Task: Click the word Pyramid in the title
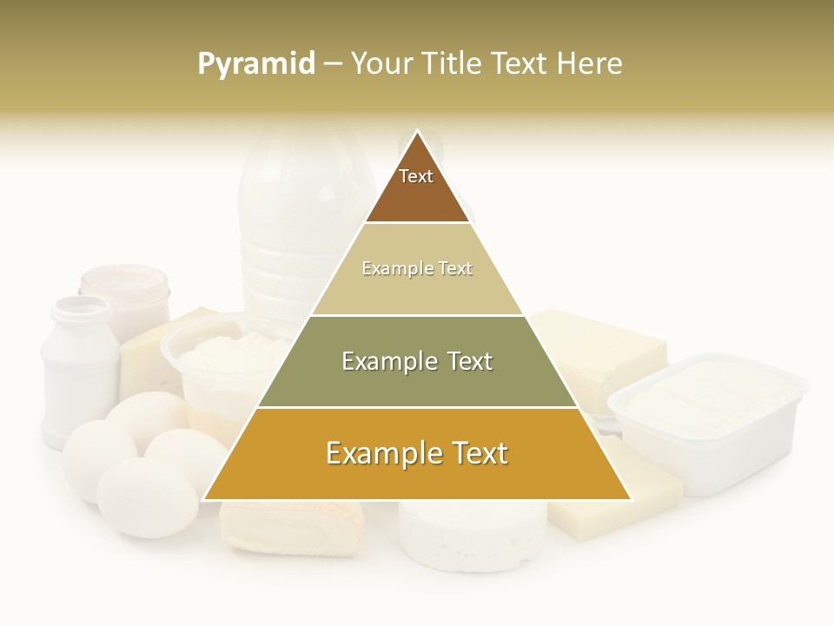click(x=256, y=63)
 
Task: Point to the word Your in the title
click(x=380, y=63)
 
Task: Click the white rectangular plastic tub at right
click(x=708, y=421)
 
